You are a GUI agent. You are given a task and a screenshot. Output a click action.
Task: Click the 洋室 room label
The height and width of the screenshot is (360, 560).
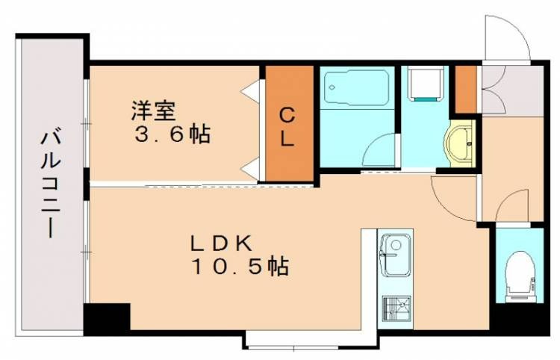click(x=153, y=111)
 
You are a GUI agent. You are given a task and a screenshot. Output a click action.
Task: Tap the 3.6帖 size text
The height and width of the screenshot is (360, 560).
click(x=172, y=135)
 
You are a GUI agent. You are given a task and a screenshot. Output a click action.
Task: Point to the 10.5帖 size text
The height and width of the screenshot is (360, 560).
click(x=240, y=266)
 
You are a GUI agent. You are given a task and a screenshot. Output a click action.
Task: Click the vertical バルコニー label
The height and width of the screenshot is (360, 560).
click(x=50, y=184)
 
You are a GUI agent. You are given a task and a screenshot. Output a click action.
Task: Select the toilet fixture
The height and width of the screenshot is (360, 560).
click(x=518, y=275)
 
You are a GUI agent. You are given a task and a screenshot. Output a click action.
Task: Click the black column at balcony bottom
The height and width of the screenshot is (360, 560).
click(x=105, y=319)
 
